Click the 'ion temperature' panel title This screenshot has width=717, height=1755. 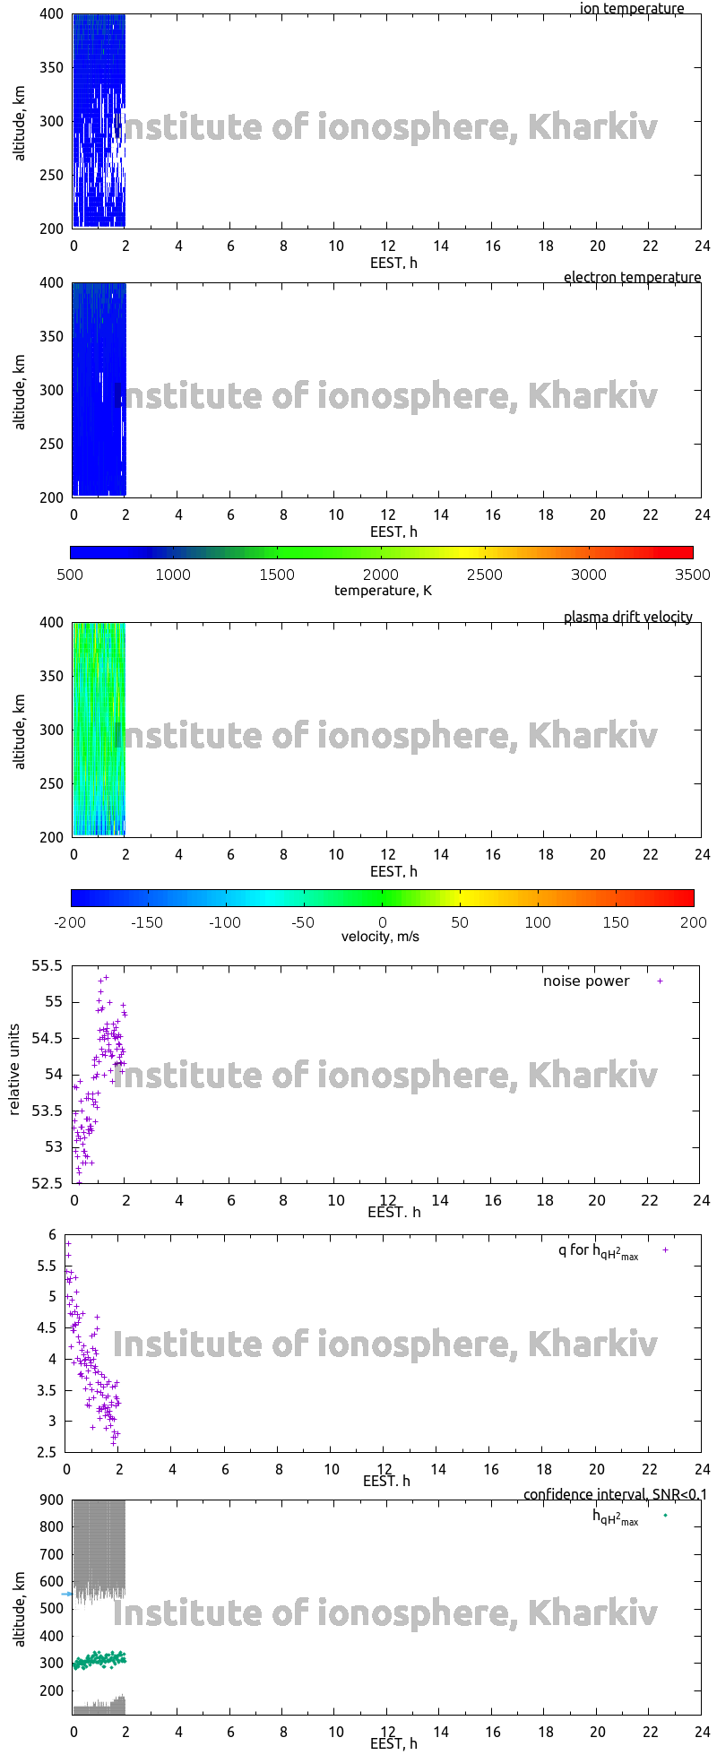tap(632, 9)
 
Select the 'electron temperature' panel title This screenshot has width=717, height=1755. tap(632, 277)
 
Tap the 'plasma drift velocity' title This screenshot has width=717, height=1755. tap(627, 617)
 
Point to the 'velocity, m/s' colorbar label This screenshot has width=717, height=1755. tap(380, 937)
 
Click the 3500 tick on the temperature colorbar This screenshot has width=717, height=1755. tap(692, 575)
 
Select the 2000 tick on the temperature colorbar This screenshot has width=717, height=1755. tap(381, 575)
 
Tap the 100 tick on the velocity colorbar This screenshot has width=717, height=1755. tap(538, 921)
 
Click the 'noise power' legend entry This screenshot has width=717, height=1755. tap(586, 981)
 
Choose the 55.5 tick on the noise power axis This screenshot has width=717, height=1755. tap(48, 966)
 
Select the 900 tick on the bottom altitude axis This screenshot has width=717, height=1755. tap(51, 1500)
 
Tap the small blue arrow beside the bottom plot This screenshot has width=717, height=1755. tap(66, 1594)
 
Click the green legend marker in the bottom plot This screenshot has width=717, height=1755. tap(665, 1515)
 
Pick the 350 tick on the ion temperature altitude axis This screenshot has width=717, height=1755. tap(52, 67)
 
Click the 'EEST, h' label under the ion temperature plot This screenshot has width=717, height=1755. tap(393, 263)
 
